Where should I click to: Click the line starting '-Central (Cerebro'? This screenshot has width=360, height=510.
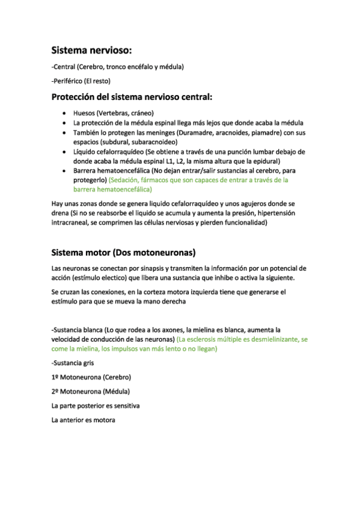pyautogui.click(x=118, y=66)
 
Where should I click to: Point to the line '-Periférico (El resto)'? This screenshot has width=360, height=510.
pyautogui.click(x=82, y=80)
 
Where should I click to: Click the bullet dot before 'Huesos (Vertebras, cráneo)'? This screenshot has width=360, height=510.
pyautogui.click(x=64, y=113)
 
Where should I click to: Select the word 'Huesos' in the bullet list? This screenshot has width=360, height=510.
pyautogui.click(x=84, y=112)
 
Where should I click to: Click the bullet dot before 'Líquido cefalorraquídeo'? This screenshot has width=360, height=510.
pyautogui.click(x=64, y=152)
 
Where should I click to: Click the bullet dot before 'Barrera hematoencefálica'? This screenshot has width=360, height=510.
pyautogui.click(x=64, y=171)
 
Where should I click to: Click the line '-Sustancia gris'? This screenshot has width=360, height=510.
pyautogui.click(x=73, y=363)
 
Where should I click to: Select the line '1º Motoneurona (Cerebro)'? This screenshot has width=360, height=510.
pyautogui.click(x=91, y=377)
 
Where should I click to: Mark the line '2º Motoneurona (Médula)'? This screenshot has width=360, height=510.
pyautogui.click(x=90, y=392)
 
